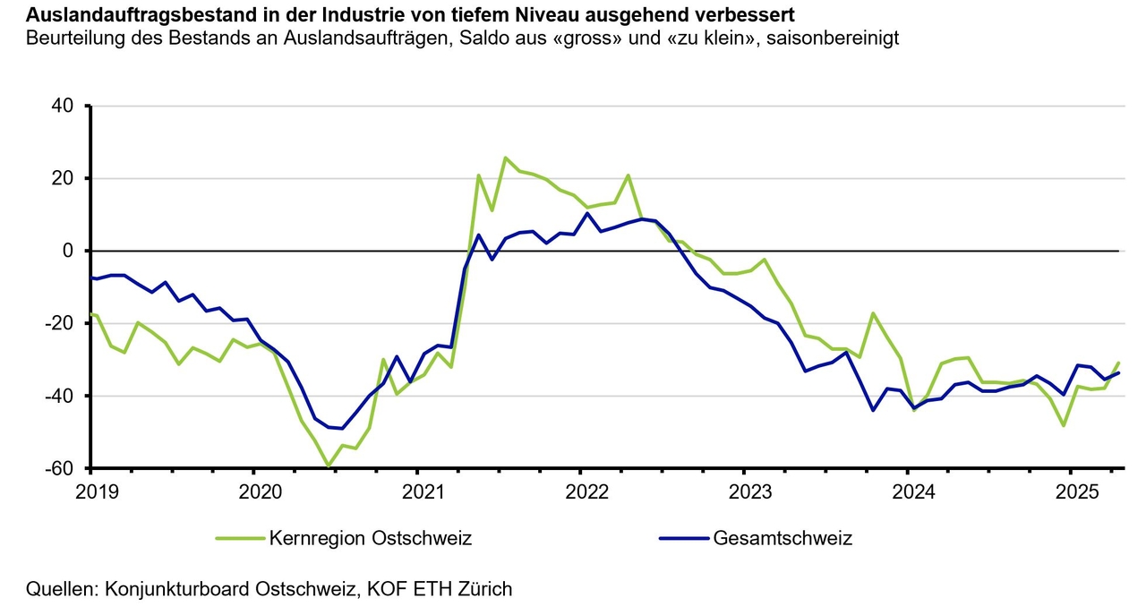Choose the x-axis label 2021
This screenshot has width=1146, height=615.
pos(417,491)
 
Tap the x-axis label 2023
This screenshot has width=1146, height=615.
pos(744,491)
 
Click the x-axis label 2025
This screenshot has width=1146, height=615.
pos(1071,491)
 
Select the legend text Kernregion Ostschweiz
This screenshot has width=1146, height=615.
pos(370,539)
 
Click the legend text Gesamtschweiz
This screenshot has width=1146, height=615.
pos(783,539)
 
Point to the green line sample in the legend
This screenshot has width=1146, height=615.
pos(240,539)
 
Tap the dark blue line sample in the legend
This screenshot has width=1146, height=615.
pos(682,539)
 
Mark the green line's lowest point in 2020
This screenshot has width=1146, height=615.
pos(329,466)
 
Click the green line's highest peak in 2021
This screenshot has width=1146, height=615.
pos(506,158)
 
